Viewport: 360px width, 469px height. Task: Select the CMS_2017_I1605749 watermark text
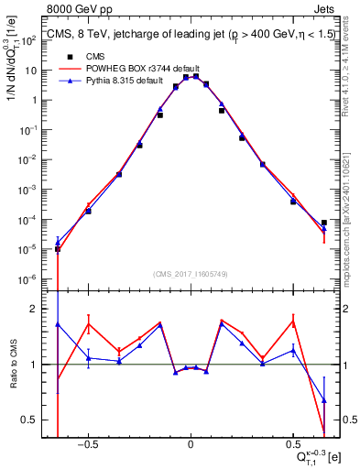tap(190, 274)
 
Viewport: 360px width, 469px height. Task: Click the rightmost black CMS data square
tap(324, 223)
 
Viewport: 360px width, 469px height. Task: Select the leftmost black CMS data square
tap(58, 248)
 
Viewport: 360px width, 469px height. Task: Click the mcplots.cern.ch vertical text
tap(350, 202)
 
